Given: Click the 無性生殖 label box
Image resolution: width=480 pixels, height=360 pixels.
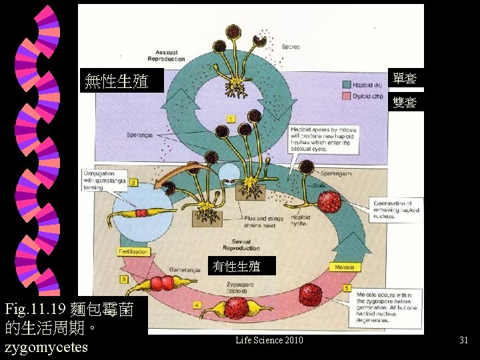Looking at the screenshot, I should pos(121,81).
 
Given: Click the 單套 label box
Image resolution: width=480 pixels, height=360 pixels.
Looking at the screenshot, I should pos(405,78).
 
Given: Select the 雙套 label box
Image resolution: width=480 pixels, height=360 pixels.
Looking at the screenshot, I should pos(405,102).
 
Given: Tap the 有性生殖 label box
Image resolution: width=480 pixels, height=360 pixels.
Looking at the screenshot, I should pos(237,266).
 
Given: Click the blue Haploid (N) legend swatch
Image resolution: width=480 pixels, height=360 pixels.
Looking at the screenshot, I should pos(347,85).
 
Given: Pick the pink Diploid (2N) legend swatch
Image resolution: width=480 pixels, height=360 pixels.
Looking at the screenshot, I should pos(347,96).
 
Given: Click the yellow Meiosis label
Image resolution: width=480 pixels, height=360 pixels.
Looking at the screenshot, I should pos(345,267).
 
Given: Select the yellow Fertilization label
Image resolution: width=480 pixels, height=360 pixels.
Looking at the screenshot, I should pos(133,251).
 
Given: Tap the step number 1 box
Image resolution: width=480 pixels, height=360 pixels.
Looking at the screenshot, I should pos(231,118).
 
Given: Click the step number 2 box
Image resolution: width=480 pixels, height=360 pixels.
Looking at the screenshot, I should pos(133,182).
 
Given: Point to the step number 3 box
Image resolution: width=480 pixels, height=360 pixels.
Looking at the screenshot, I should pos(124,279).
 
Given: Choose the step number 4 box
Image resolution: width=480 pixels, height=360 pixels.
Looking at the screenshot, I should pos(197,305).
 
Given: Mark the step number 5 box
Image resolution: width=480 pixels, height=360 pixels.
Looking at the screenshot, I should pos(347,288).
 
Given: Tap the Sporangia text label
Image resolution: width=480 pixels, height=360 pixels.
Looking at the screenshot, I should pos(140,135).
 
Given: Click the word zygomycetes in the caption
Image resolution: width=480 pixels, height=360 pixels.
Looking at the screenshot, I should pos(46,347).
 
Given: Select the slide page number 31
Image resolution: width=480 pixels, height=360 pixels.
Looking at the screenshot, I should pos(463,341).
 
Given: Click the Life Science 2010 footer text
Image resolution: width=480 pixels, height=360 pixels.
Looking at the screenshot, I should pos(269,341).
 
